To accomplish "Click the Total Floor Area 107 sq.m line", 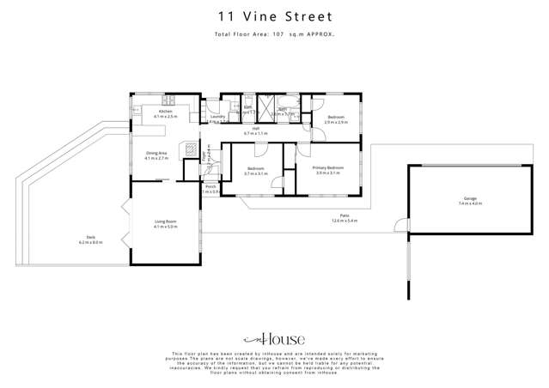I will click(274, 33).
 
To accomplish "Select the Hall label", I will click(256, 131).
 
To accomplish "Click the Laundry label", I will click(217, 118).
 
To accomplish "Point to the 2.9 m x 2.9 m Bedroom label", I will click(334, 118).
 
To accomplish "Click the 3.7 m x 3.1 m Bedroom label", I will click(256, 170).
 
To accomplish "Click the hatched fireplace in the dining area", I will click(189, 147).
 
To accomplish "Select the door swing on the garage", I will click(398, 227).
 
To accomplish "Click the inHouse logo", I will click(274, 339).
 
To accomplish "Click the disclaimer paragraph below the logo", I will click(274, 364).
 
